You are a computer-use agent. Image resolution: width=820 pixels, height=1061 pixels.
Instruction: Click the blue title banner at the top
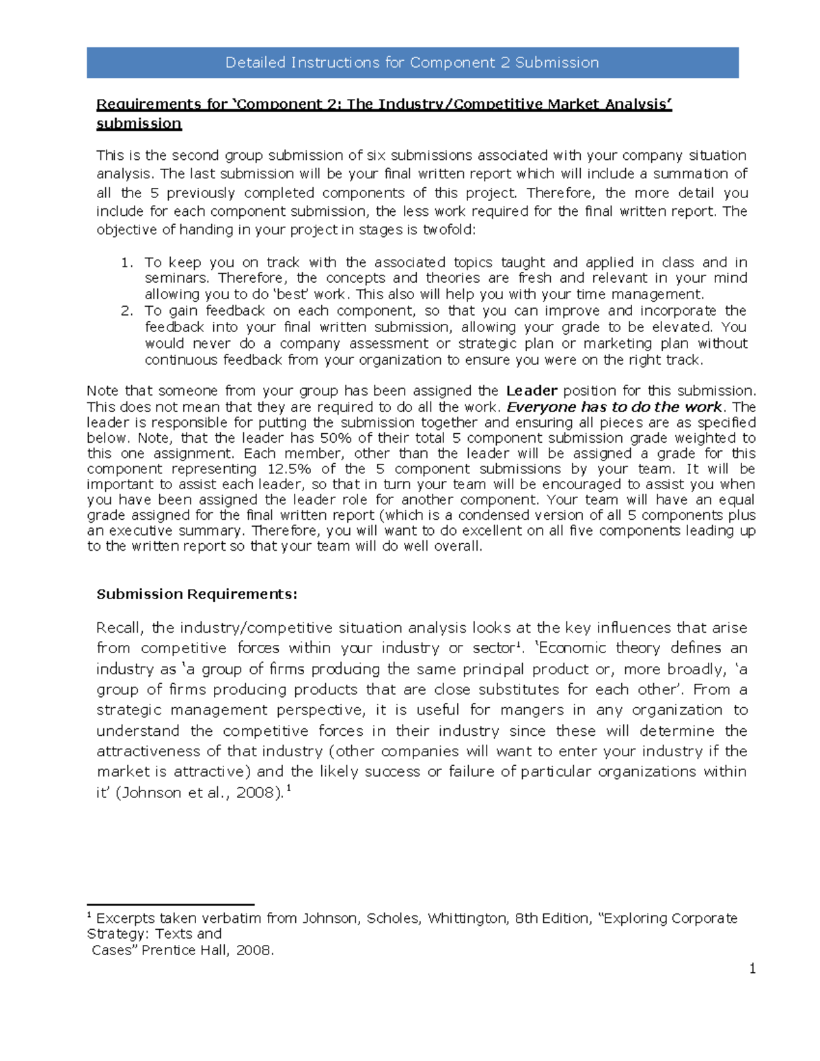coord(412,63)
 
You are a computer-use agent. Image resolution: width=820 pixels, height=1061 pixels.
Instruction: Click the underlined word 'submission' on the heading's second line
coord(139,124)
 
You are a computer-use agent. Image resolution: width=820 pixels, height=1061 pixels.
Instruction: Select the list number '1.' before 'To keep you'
coord(126,262)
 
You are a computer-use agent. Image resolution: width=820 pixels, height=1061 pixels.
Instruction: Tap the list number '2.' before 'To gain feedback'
coord(126,311)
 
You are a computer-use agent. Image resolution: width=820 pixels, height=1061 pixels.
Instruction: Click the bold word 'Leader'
coord(532,391)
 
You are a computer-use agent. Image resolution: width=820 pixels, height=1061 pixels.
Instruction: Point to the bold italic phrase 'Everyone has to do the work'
coord(614,407)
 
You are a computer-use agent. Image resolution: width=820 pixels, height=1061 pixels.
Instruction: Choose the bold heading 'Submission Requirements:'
coord(197,594)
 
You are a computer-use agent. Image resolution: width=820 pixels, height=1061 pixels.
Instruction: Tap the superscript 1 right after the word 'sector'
coord(519,644)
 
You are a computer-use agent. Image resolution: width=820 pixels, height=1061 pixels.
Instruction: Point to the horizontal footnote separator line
coord(171,905)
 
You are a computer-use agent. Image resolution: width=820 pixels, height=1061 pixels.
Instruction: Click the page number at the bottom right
coord(752,969)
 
